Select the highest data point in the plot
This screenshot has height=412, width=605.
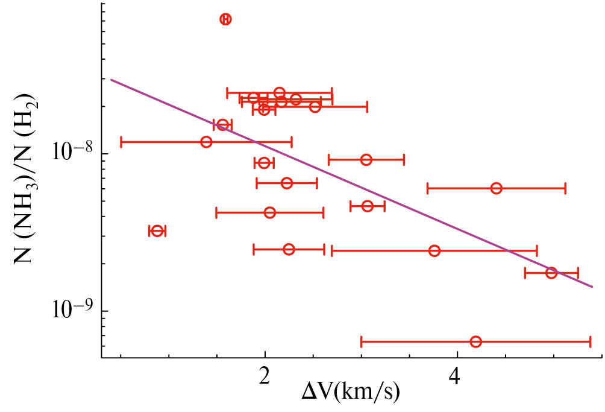point(225,19)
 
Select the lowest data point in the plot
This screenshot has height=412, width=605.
point(475,341)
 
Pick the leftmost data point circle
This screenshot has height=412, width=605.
point(157,231)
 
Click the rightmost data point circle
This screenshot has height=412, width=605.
point(551,273)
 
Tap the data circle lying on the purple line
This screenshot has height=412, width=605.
point(551,273)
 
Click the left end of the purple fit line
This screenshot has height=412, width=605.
point(111,80)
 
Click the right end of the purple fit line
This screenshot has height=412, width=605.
point(594,287)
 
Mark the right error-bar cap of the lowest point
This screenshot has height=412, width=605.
point(590,341)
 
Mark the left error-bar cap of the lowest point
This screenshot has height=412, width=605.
point(362,341)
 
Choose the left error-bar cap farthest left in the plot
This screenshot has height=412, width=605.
point(121,142)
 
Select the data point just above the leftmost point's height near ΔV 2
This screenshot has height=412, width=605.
point(270,212)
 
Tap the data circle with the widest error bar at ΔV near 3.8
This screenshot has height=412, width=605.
point(434,250)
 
